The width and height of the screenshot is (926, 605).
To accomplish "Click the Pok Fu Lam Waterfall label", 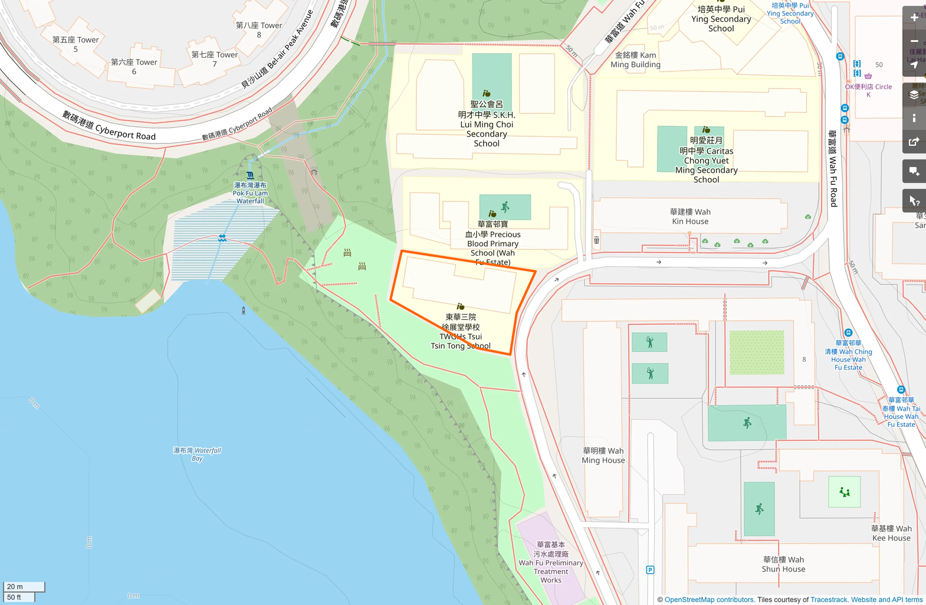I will coord(250,193).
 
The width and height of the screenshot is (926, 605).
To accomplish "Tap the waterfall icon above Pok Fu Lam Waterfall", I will coord(250,175).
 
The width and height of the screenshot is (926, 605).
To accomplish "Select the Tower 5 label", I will coord(75,44).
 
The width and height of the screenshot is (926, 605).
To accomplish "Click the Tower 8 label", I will coord(259,30).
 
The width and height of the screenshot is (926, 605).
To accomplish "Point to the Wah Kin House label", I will coord(690,217).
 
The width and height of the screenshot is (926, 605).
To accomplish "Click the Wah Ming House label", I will coord(603,456).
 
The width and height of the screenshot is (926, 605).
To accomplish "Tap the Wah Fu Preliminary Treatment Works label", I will coord(551,563).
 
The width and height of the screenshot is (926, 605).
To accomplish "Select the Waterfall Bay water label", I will coord(197,454).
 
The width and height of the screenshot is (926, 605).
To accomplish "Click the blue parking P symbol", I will coord(650,570).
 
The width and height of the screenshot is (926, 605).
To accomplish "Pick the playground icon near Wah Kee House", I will coord(845,492).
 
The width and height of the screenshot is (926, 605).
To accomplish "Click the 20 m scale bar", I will coord(24,587).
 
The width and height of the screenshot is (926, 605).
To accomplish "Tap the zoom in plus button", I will coord(914,18).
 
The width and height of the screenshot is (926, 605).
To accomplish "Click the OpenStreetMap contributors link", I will coord(709,600).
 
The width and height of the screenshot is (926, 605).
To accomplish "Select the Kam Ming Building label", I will coord(635,60).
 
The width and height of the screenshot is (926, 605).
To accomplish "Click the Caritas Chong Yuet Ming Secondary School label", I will coord(707,160).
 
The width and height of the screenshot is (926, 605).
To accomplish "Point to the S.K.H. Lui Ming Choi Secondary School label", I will coord(487,124).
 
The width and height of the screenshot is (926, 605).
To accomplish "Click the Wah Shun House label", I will coord(783,564).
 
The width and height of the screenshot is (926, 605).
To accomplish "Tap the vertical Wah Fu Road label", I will coord(833,168).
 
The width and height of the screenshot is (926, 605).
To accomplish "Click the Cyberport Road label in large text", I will coord(109,125).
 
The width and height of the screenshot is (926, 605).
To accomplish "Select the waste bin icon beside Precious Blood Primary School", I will coord(596,240).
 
